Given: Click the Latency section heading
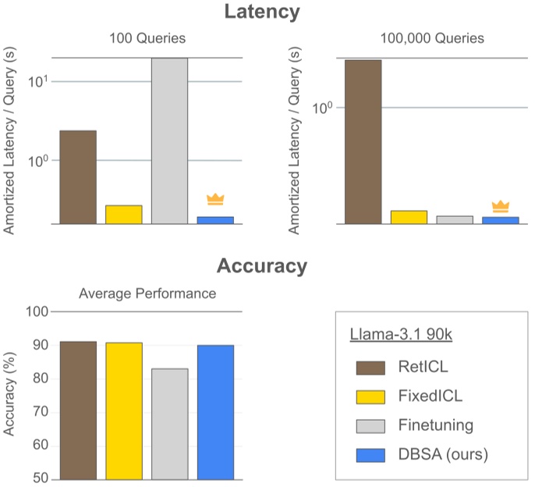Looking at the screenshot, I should (262, 12).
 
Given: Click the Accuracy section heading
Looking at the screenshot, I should (262, 266).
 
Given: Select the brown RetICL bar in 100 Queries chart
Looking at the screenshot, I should (78, 177).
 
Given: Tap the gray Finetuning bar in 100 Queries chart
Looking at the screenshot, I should (169, 140).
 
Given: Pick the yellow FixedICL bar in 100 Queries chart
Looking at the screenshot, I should (124, 215).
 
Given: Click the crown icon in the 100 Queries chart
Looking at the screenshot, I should (215, 199).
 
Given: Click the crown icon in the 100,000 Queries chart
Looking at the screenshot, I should (500, 207).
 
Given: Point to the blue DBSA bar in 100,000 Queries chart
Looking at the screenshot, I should (500, 220).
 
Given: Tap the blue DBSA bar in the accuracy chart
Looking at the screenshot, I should (215, 412).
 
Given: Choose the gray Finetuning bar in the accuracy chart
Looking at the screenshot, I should (169, 424).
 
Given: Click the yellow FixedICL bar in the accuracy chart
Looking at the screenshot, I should (124, 411).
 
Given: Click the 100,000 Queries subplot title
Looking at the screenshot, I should (432, 37).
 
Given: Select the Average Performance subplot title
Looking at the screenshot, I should (147, 293).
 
